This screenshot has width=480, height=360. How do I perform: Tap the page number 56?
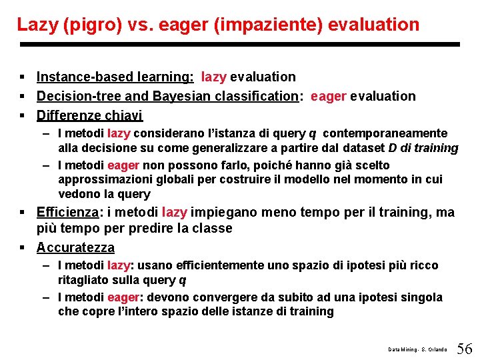coord(465,348)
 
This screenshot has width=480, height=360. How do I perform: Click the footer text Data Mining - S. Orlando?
coord(418,349)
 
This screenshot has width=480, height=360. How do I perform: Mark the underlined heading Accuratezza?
coord(75,247)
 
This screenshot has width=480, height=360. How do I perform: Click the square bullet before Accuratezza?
coord(23,248)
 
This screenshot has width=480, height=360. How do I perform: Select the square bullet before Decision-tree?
coord(23,97)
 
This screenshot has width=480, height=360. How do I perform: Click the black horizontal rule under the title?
coord(240,45)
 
